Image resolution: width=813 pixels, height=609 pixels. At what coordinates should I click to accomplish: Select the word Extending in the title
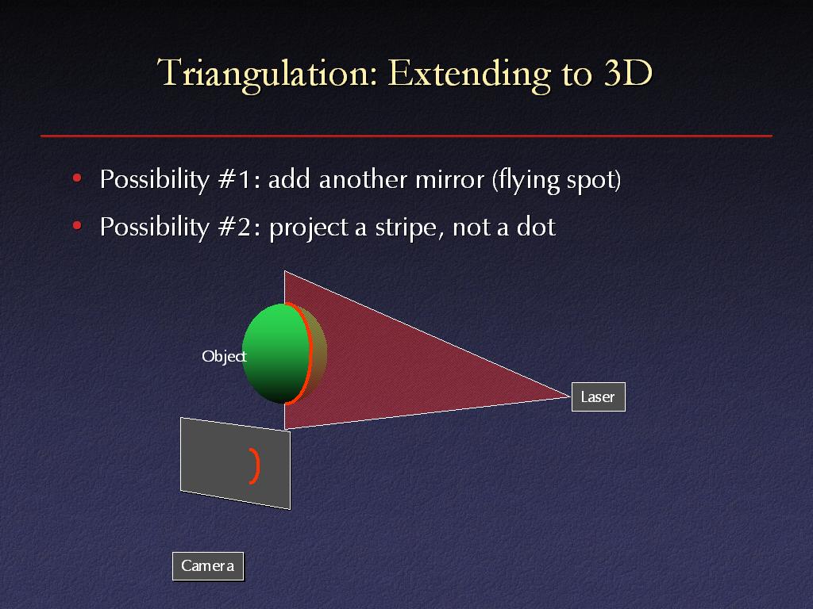pos(469,75)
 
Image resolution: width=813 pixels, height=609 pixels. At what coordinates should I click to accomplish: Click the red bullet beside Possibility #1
pos(77,178)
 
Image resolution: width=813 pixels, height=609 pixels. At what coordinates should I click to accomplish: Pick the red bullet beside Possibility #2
pos(77,226)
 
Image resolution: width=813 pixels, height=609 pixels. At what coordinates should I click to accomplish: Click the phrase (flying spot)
pos(557,180)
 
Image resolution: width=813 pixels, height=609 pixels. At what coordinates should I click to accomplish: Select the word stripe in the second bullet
pos(410,228)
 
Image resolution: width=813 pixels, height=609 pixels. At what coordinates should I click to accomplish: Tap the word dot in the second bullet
pos(536,227)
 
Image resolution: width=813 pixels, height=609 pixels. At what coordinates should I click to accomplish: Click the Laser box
pos(599,396)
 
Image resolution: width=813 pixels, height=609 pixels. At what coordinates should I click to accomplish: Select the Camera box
pos(207,566)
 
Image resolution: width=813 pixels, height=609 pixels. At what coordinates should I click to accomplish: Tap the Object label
pos(224,356)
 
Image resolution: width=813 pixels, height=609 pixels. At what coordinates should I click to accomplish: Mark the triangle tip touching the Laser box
pos(570,396)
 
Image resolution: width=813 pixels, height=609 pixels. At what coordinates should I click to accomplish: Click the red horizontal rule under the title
pos(406,136)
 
